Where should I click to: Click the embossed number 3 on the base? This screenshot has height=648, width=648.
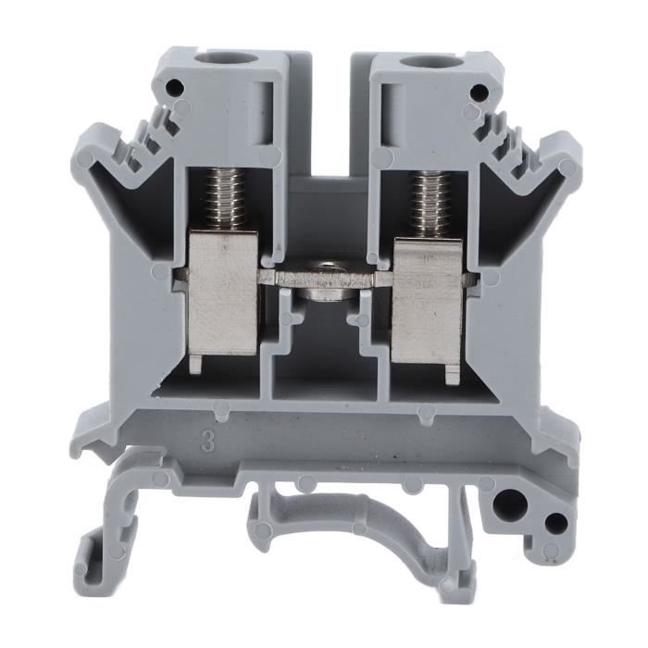tap(208, 442)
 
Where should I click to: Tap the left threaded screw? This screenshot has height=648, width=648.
tap(223, 201)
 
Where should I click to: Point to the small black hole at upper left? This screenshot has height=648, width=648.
tap(174, 86)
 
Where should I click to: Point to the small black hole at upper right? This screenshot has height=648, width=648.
tap(479, 91)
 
